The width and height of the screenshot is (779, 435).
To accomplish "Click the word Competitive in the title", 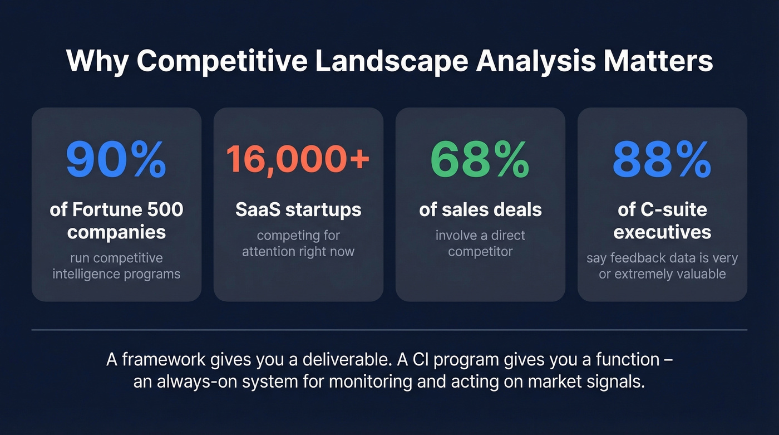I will coord(221,61).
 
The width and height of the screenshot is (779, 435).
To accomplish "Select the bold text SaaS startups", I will coord(298,209).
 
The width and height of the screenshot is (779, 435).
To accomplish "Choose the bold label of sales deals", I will coord(480,209).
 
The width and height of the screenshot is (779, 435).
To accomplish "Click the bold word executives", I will coord(662,231).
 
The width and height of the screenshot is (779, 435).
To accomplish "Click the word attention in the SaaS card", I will coord(267,251).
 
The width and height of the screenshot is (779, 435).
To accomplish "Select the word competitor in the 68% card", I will coord(480,251).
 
